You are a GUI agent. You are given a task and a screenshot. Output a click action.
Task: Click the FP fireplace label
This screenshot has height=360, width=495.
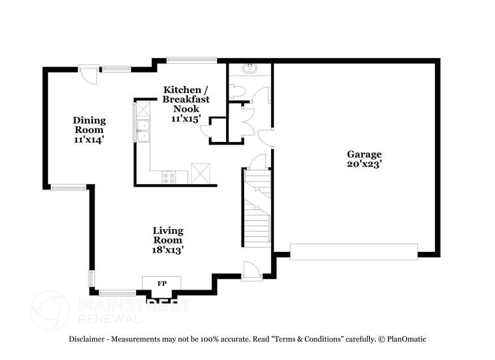click(x=162, y=283)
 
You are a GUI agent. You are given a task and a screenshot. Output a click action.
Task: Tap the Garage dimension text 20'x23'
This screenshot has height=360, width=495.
click(x=363, y=165)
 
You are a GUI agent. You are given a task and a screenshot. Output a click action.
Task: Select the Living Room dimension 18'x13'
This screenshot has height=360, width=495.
click(x=168, y=249)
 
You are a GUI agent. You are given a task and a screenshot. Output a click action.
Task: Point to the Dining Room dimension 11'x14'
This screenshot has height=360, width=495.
click(x=89, y=139)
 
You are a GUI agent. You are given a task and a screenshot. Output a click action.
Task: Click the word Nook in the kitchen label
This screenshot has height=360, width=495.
click(x=186, y=109)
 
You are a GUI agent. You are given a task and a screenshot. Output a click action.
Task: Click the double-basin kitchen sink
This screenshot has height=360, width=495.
click(x=142, y=130)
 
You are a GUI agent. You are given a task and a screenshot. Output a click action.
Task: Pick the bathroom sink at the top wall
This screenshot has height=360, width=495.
click(x=249, y=68)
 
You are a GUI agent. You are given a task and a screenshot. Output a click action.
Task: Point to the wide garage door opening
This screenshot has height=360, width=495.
click(x=354, y=251)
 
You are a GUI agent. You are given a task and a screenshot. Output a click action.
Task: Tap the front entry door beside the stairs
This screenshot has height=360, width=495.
click(x=251, y=271)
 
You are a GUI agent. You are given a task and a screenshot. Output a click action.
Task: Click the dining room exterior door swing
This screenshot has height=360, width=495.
click(x=89, y=74)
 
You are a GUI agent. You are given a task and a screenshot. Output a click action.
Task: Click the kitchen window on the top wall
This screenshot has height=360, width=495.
click(x=191, y=61)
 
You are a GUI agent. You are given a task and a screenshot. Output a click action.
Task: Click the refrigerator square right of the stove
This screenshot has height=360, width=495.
click(x=199, y=174)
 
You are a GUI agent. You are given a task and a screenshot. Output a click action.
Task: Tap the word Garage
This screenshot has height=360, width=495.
click(x=363, y=154)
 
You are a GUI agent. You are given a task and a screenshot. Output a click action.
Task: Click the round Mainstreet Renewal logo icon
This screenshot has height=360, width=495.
click(x=50, y=310)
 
